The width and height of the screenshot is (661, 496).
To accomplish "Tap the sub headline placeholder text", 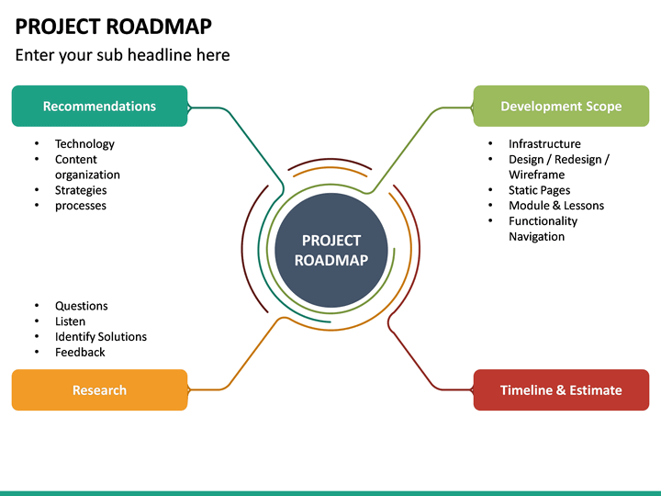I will pos(122,55).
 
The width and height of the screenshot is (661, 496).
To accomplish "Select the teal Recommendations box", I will pos(99,106).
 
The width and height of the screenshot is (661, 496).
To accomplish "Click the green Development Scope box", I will pos(560,106).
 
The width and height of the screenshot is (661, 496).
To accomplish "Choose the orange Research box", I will pos(99,389).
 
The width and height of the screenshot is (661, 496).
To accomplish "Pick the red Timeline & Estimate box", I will pos(560,389).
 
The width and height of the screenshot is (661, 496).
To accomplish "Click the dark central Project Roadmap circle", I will pos(330,250).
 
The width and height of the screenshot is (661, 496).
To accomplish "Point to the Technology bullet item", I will pos(84,143).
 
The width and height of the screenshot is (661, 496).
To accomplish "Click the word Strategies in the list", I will pos(81,190).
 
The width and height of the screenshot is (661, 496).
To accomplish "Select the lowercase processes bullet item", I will pos(81,206).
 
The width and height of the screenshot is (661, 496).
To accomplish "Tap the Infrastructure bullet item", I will pos(544,143).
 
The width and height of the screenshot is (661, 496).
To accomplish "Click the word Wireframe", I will pos(536,175).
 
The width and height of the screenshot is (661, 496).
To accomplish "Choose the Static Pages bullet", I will pos(539,190).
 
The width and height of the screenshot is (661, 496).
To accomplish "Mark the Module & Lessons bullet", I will pos(556,206).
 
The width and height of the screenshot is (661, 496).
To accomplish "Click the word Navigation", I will pos(536,236).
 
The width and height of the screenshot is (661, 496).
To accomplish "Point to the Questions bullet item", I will pos(81,306).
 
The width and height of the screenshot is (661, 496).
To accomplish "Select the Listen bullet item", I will pos(70,321).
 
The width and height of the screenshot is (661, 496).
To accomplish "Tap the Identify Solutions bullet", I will pos(100,336).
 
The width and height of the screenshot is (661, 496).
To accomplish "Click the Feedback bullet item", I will pos(80,352).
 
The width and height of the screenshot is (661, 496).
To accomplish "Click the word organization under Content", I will pos(87,175).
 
